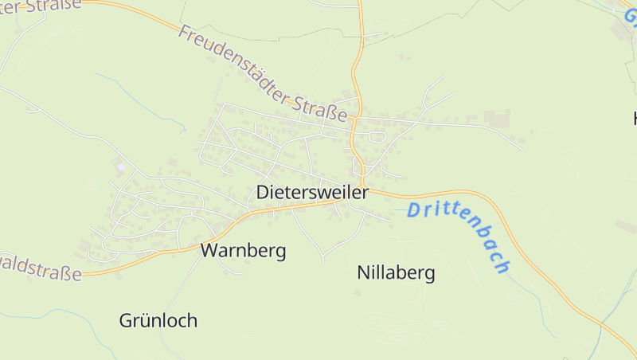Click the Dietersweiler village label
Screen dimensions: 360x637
(312, 193)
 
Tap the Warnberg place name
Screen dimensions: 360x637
(243, 251)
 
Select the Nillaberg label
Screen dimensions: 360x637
(396, 274)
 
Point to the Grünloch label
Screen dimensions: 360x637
(158, 321)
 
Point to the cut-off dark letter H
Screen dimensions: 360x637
(634, 119)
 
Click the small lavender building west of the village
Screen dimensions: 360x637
(120, 166)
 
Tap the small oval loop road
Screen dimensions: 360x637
(377, 136)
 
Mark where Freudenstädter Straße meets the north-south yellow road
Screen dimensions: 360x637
(355, 120)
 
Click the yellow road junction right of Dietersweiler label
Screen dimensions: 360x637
(365, 186)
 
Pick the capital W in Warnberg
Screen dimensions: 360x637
(209, 251)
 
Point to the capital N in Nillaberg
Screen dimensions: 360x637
(364, 274)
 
